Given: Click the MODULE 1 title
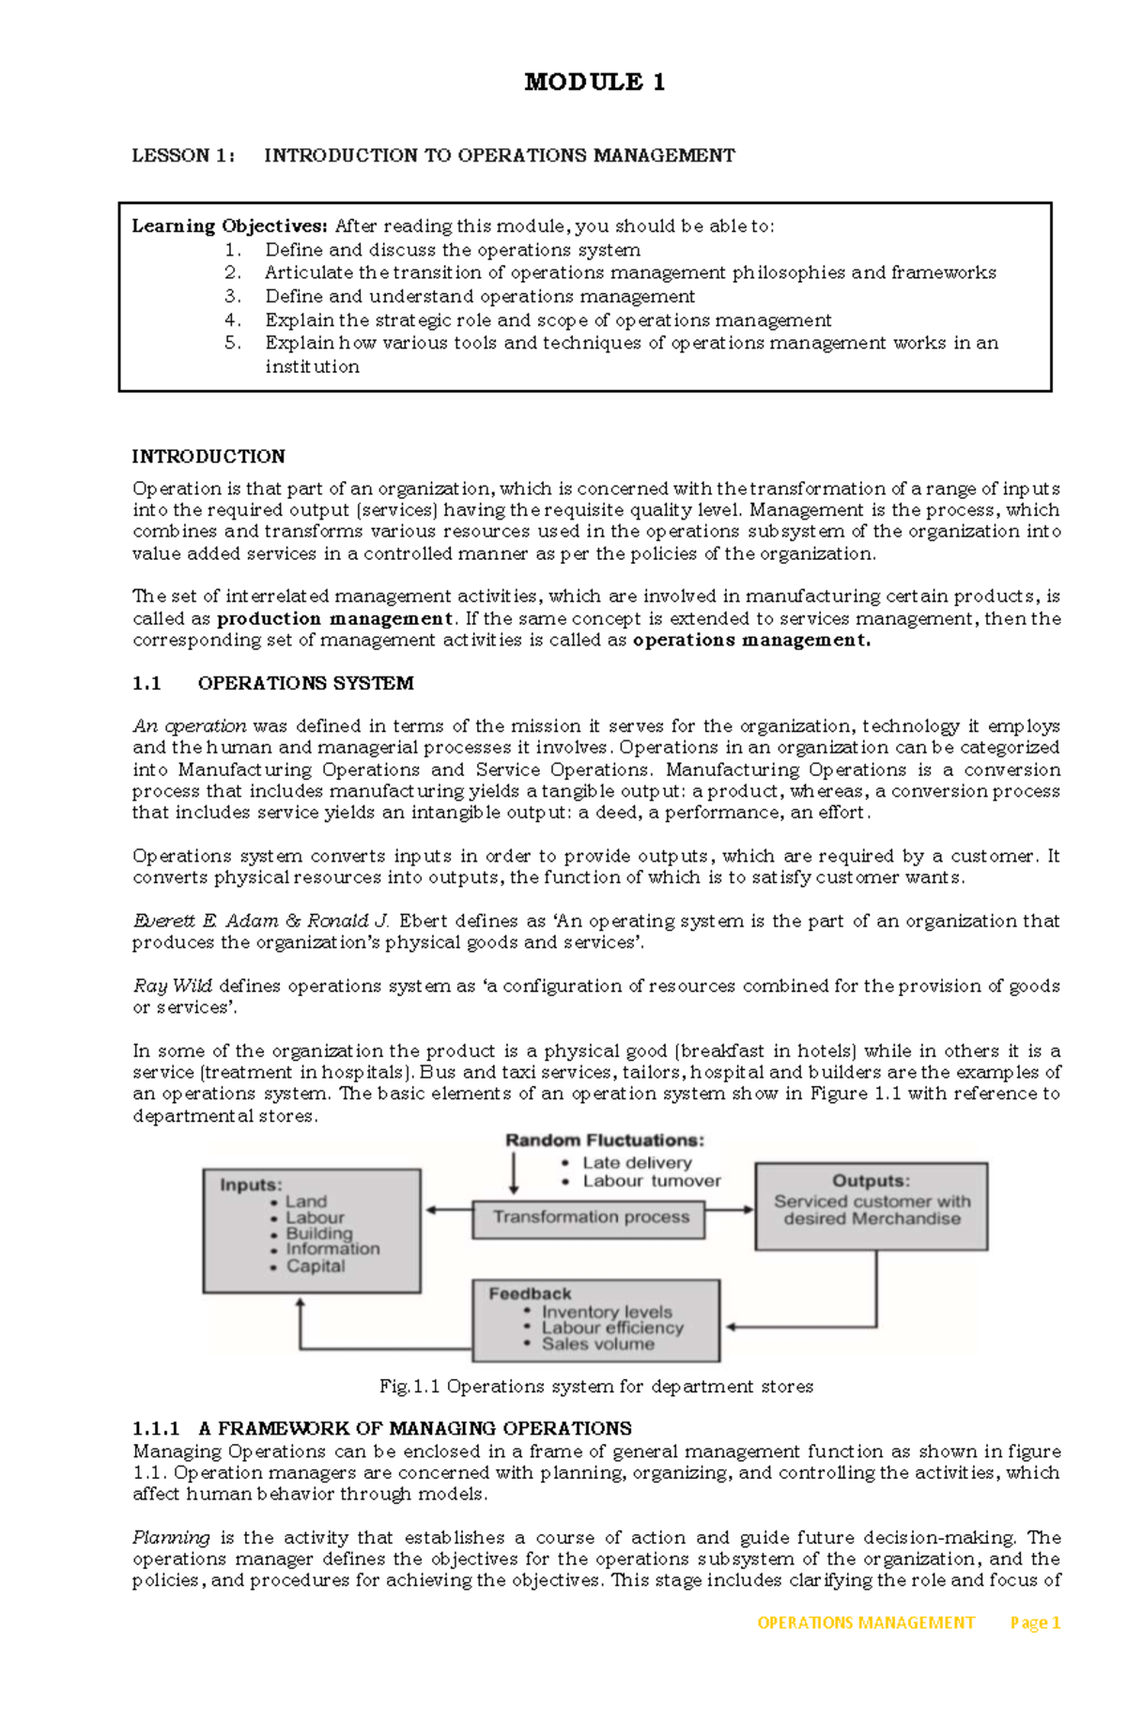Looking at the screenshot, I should (x=594, y=83).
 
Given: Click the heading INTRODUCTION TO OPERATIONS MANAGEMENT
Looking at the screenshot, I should (x=499, y=156).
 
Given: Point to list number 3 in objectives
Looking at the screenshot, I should (x=233, y=297).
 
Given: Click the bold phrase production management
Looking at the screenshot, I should (x=334, y=619).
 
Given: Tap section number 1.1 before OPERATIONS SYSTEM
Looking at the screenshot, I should (x=147, y=684).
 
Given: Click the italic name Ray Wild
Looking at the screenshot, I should (x=173, y=986).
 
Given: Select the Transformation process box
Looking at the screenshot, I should (x=590, y=1218).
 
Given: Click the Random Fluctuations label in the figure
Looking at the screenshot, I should (x=604, y=1141).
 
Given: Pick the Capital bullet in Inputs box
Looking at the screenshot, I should (x=315, y=1266).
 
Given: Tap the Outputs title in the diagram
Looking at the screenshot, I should (x=871, y=1181).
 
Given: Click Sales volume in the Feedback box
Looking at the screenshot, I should (x=597, y=1344).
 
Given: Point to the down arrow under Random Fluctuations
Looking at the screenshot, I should (x=514, y=1173).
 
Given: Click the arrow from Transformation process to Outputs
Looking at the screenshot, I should (x=730, y=1210).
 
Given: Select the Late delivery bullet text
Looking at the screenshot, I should (x=636, y=1163).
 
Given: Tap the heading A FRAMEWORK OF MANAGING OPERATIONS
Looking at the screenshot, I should (x=415, y=1429).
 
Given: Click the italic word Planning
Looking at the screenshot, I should (x=171, y=1538).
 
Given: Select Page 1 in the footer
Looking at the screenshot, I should (x=1035, y=1623).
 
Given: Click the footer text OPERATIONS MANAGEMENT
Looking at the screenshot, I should (x=865, y=1623).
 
